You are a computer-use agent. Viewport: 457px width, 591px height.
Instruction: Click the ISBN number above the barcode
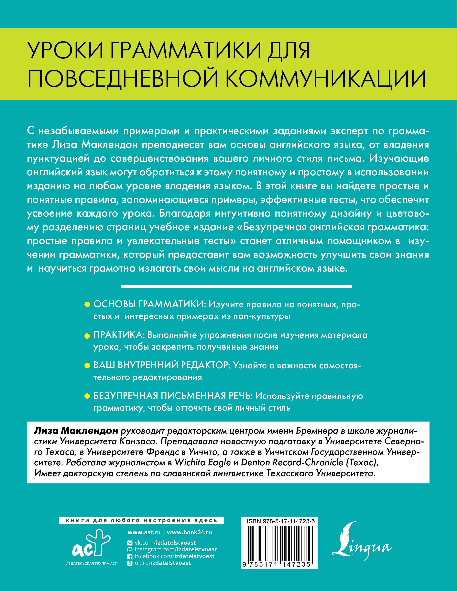(281, 521)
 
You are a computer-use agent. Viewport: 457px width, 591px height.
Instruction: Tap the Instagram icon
(130, 550)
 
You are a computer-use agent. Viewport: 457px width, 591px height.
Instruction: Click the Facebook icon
(130, 556)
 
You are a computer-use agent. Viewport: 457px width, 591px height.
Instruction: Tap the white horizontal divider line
(236, 286)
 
